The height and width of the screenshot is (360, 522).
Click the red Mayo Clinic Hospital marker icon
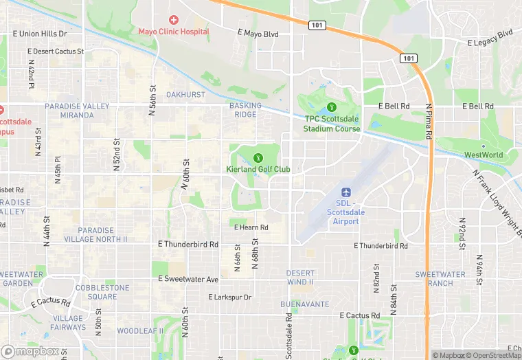[x=173, y=20]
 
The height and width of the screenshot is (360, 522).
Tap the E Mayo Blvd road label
[x=258, y=33]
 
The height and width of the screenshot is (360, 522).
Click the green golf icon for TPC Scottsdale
[x=332, y=106]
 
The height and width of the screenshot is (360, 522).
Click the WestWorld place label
[x=483, y=155]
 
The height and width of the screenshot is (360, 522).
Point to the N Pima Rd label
[x=427, y=122]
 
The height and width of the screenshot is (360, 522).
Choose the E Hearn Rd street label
[x=251, y=227]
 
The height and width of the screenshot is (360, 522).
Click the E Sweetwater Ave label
[x=188, y=280]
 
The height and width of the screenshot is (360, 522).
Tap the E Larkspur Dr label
[x=230, y=297]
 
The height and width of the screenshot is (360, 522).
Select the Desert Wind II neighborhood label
[x=300, y=278]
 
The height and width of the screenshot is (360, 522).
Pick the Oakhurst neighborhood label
[x=185, y=94]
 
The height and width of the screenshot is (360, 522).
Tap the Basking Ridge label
[x=245, y=110]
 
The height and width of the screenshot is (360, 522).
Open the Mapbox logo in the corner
[x=30, y=351]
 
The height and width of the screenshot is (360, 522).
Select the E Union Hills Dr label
[x=39, y=33]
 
